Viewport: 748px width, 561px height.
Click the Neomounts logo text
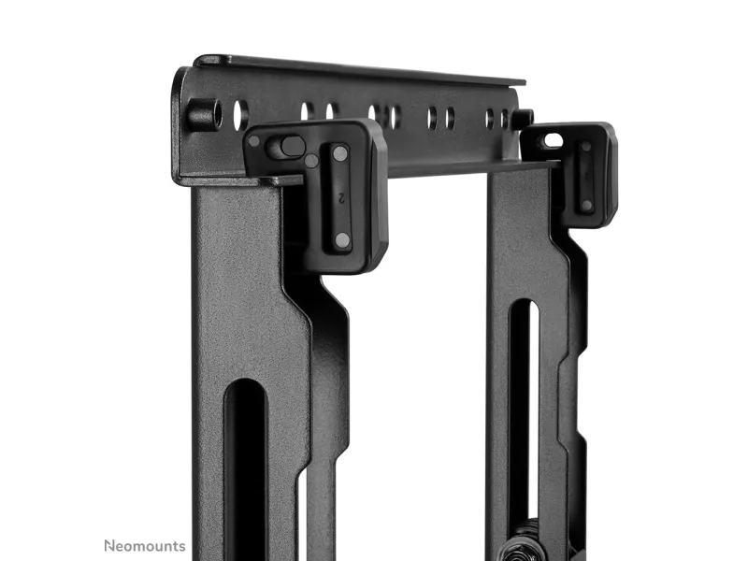pos(145,546)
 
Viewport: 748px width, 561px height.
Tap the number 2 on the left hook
pos(341,197)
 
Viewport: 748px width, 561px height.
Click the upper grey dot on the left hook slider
pos(340,153)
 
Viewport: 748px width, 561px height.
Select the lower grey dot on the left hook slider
pos(342,240)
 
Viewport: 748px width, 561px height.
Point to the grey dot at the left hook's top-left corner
pos(254,141)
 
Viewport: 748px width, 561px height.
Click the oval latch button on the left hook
pos(292,147)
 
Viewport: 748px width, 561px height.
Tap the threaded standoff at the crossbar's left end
pos(204,113)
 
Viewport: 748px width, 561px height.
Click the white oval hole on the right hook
pos(553,140)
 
